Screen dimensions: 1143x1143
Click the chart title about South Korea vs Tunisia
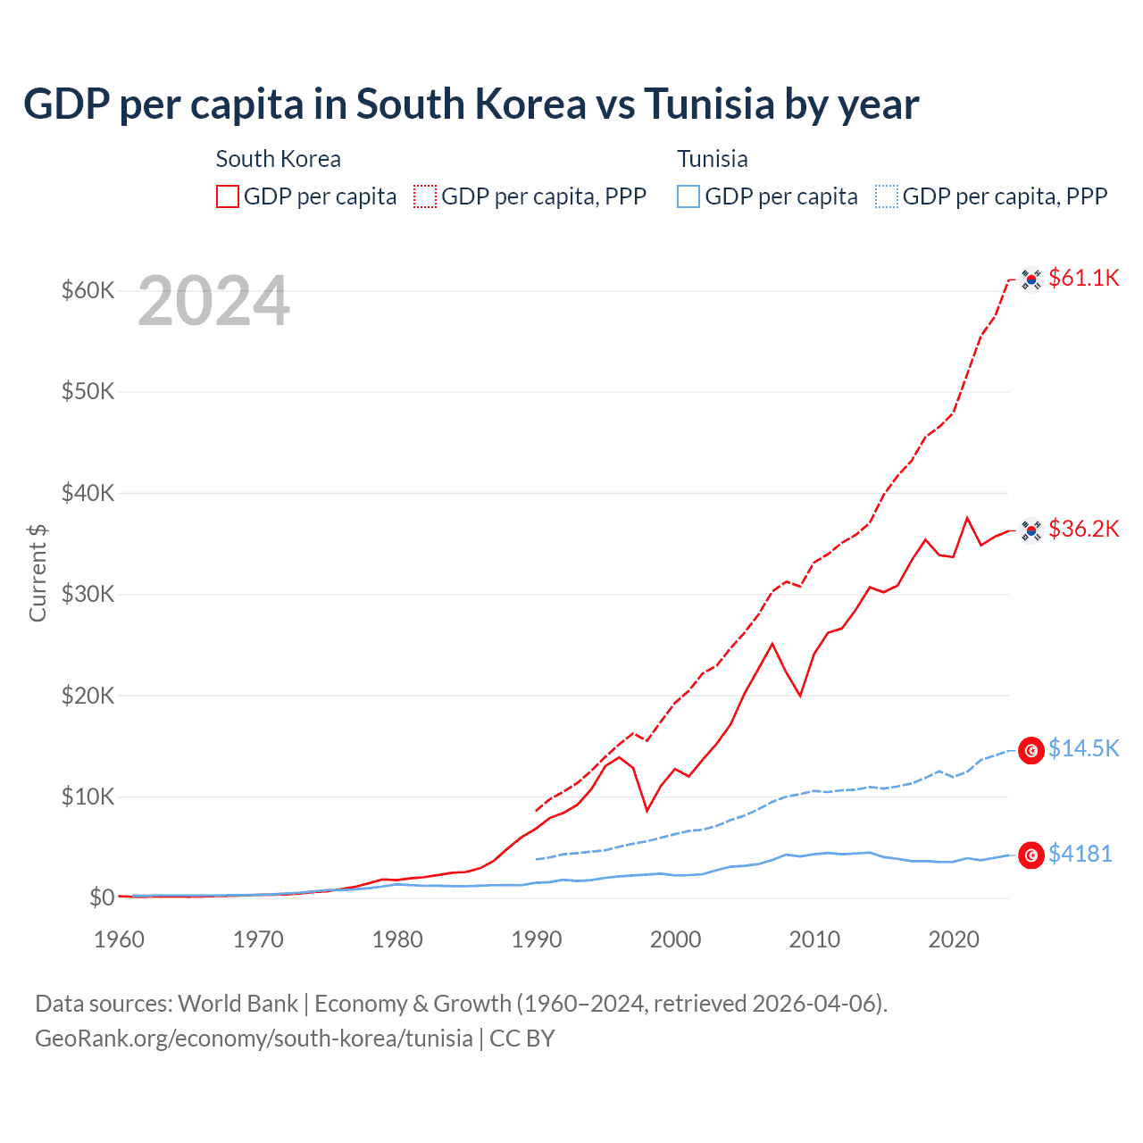click(471, 104)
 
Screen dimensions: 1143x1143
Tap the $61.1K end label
click(1083, 279)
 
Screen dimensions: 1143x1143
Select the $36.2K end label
click(1083, 530)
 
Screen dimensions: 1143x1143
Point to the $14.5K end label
click(1083, 748)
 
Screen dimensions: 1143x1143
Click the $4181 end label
click(1080, 855)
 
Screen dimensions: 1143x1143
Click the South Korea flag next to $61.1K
click(1031, 279)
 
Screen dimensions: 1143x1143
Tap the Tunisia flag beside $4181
click(1031, 855)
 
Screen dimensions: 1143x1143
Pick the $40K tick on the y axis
click(88, 493)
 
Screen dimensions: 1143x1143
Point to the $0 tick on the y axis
click(101, 897)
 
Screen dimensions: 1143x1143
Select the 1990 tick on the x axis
click(537, 939)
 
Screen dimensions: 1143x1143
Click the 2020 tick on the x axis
click(954, 939)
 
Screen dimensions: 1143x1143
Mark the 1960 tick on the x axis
click(120, 939)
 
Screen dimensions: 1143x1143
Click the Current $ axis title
click(38, 572)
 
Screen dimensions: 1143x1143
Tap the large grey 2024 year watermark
click(213, 302)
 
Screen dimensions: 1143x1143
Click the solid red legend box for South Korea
click(228, 196)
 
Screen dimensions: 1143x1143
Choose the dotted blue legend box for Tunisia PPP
click(887, 196)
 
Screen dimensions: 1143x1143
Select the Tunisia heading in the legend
click(712, 159)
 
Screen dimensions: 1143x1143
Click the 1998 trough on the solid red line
click(647, 810)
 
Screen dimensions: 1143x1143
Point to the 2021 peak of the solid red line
click(967, 518)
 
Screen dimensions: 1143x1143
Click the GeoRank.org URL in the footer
click(254, 1039)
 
